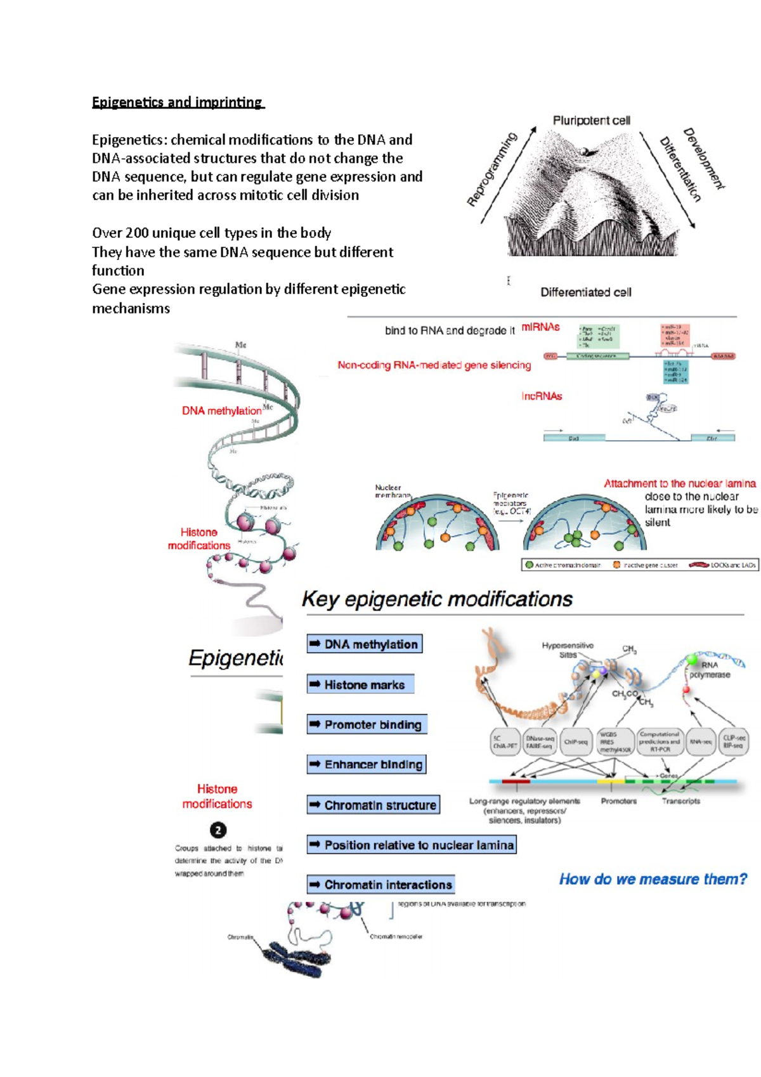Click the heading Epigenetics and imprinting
(x=178, y=102)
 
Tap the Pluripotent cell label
(x=591, y=121)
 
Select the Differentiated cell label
(x=585, y=292)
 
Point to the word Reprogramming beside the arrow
(x=492, y=170)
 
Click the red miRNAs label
(x=540, y=327)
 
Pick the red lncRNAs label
(x=542, y=396)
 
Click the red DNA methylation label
(x=221, y=411)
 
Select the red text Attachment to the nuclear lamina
(x=679, y=483)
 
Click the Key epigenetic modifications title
(x=437, y=599)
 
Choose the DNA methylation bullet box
(x=365, y=644)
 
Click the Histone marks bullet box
(x=360, y=685)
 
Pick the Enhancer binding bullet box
(x=367, y=765)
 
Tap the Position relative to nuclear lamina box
(x=412, y=845)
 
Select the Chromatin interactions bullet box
(x=381, y=885)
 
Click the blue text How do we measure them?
(x=653, y=880)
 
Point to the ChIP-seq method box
(x=576, y=741)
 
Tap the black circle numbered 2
(x=218, y=830)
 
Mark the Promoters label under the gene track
(x=618, y=802)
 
